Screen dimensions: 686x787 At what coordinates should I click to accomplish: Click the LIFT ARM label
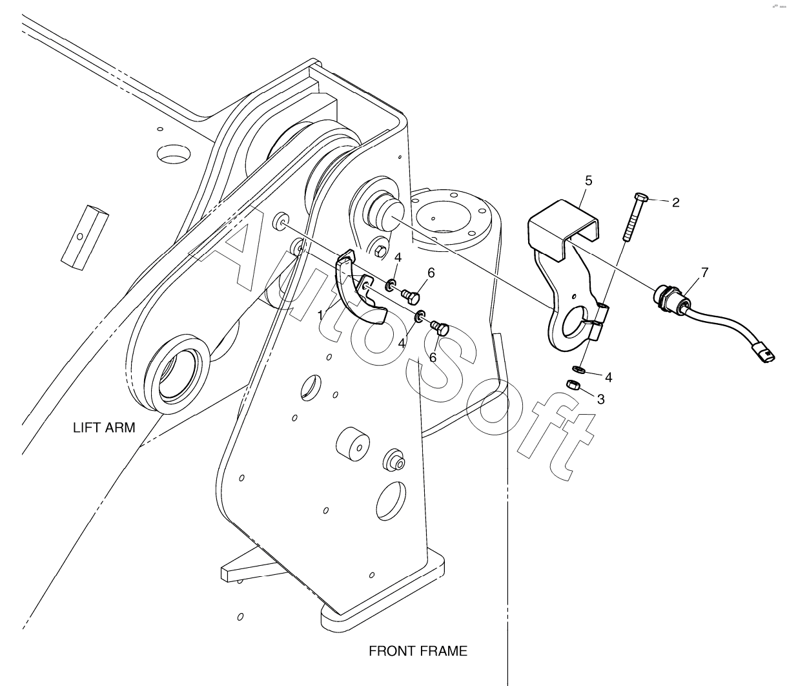(104, 428)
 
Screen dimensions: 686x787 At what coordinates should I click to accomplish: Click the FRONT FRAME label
(418, 651)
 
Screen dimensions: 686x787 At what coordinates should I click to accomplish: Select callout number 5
(588, 181)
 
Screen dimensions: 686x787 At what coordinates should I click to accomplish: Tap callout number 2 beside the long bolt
(675, 203)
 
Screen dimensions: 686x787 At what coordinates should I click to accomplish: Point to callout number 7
(704, 273)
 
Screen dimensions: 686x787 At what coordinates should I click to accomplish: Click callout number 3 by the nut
(600, 399)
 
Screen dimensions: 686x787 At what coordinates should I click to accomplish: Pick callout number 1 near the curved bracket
(321, 315)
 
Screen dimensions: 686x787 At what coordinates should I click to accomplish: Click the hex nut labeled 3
(572, 385)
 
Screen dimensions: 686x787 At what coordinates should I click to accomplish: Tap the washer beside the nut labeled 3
(578, 370)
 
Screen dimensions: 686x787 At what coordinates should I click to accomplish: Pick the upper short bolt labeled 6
(409, 296)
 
